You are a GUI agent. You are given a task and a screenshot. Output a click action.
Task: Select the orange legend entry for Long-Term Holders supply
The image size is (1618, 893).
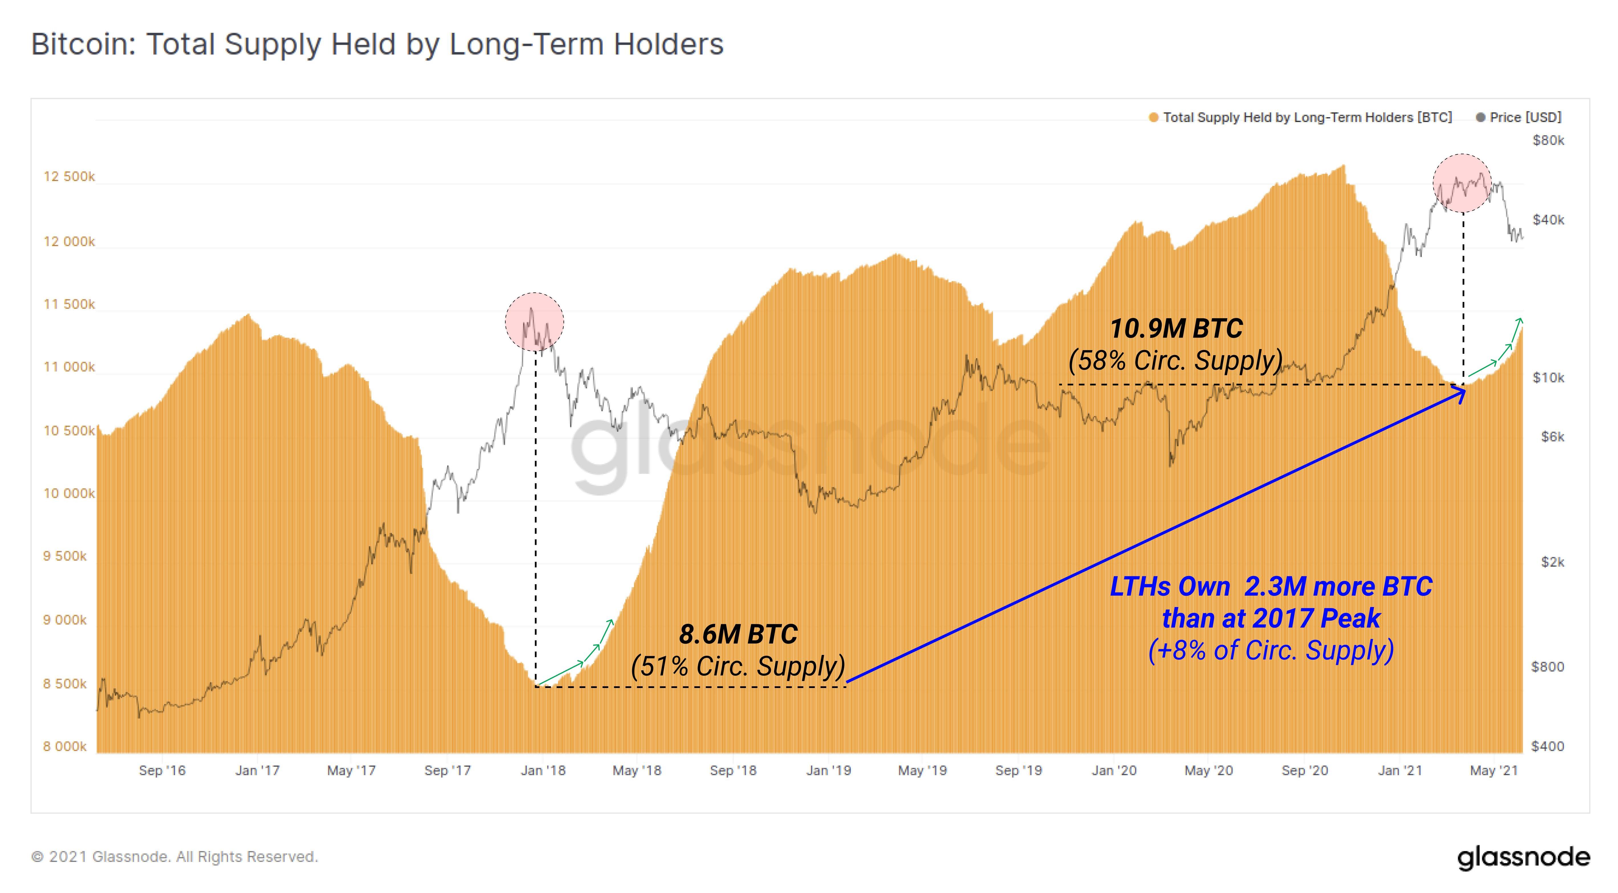1300,117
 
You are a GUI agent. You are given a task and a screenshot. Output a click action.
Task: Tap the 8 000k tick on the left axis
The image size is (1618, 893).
65,746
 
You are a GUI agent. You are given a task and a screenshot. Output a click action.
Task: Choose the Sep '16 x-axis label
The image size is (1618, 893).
162,770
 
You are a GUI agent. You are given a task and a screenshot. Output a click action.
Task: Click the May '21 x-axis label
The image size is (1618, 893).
1494,770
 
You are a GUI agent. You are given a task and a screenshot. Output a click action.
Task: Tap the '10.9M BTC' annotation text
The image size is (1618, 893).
1176,329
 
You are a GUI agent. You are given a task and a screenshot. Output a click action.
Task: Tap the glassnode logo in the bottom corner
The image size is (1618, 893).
1523,857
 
